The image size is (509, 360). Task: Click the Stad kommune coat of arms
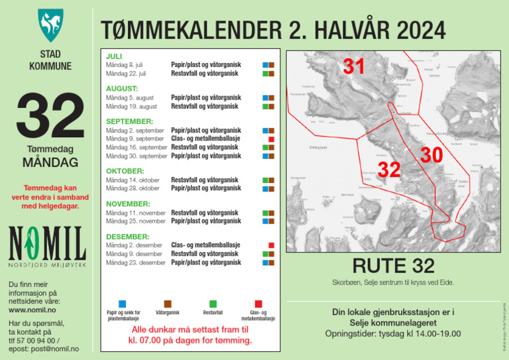click(50, 25)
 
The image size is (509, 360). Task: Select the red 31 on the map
click(354, 66)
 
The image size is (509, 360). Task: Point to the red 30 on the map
click(431, 155)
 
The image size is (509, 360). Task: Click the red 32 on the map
click(389, 170)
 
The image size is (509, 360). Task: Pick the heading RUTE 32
click(393, 266)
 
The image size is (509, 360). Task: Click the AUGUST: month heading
click(122, 88)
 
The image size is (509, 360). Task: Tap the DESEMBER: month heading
click(128, 237)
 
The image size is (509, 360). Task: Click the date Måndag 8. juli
click(125, 65)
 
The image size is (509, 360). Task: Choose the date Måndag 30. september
click(137, 156)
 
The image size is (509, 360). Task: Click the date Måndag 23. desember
click(136, 263)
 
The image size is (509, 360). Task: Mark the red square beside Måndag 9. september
click(271, 139)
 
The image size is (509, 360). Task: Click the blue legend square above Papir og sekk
click(123, 304)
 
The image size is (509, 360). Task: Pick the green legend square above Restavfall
click(213, 304)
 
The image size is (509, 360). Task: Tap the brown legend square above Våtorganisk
click(167, 304)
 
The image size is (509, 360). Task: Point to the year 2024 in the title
click(398, 30)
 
